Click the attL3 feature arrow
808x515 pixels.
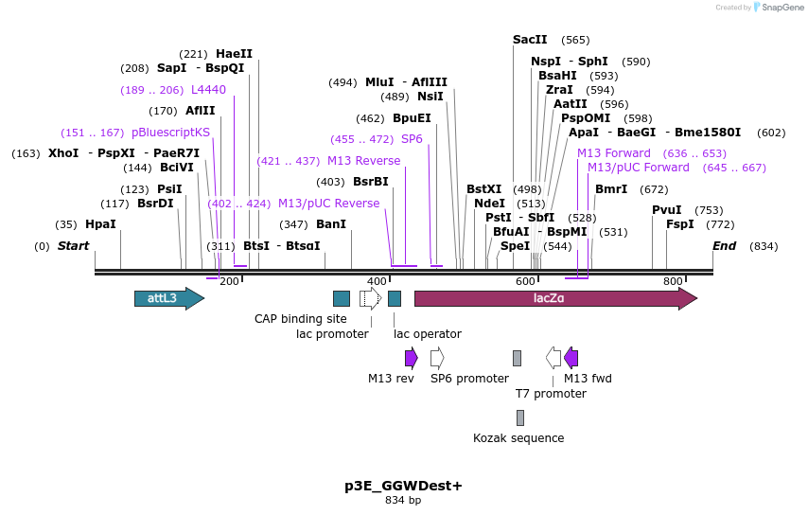click(168, 298)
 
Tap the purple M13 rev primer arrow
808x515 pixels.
click(411, 358)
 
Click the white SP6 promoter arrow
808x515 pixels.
click(436, 358)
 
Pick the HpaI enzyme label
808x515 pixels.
click(100, 224)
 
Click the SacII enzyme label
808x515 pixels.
click(530, 40)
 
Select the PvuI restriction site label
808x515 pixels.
click(666, 210)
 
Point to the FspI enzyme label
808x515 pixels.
click(679, 224)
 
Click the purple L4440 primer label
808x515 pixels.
click(208, 90)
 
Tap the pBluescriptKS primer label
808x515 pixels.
click(170, 133)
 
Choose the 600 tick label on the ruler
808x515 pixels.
click(525, 282)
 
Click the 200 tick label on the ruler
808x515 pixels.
click(229, 282)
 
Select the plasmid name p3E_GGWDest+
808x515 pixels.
click(403, 486)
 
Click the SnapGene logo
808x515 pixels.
click(777, 8)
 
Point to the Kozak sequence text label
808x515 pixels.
click(518, 438)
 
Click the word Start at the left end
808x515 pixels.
click(73, 246)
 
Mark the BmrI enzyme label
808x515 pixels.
click(610, 189)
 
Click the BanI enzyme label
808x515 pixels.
click(331, 224)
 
